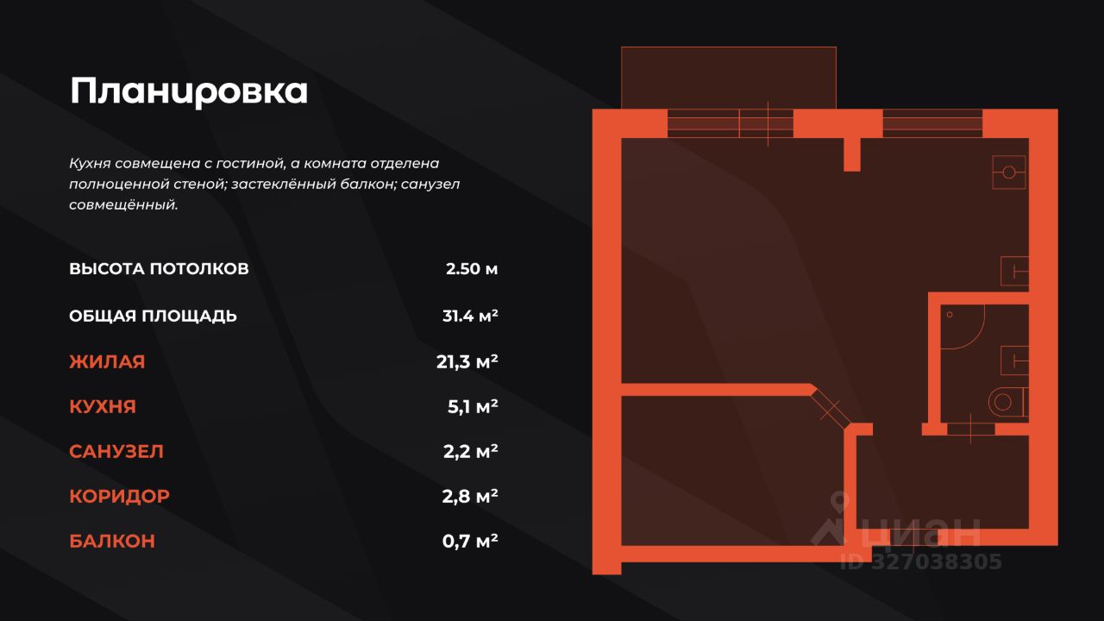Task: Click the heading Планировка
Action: click(x=189, y=91)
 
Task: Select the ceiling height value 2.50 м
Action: click(x=472, y=268)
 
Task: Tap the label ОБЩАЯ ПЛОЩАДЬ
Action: click(x=153, y=316)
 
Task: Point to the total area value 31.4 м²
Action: click(x=470, y=316)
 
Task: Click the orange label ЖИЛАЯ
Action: click(x=107, y=362)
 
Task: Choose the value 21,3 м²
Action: click(x=467, y=362)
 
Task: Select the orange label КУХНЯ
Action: click(x=103, y=407)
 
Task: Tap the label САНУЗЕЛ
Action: click(x=116, y=452)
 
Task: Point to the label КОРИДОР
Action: click(x=119, y=497)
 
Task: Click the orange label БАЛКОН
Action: click(x=112, y=542)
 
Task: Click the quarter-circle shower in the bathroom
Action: click(x=959, y=326)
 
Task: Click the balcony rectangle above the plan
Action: click(x=729, y=78)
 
